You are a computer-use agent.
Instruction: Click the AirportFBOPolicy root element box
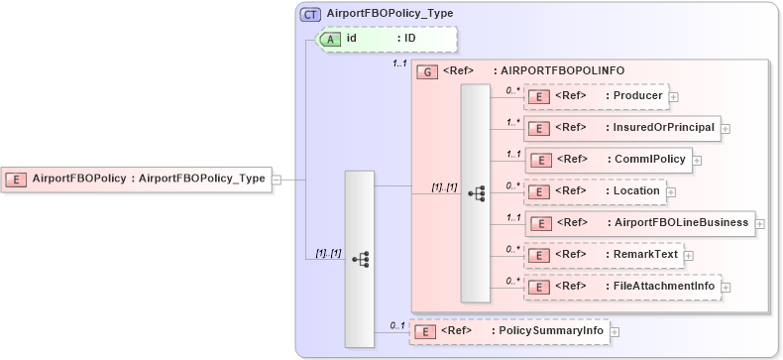click(138, 179)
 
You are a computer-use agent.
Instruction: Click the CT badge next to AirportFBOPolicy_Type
click(310, 15)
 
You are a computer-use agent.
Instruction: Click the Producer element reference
click(596, 96)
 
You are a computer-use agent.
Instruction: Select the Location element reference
click(595, 190)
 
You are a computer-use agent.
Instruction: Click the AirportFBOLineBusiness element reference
click(639, 222)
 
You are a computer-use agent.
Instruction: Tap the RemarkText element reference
click(603, 255)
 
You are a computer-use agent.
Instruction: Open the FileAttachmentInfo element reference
click(621, 287)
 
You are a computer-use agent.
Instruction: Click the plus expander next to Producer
click(674, 97)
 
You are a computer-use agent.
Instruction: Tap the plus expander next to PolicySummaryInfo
click(615, 331)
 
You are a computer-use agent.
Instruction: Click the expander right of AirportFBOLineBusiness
click(760, 223)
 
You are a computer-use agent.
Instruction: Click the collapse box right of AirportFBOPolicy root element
click(277, 180)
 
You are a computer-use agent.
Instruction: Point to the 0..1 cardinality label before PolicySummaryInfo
click(397, 324)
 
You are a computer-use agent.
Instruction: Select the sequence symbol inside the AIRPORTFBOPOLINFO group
click(475, 192)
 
